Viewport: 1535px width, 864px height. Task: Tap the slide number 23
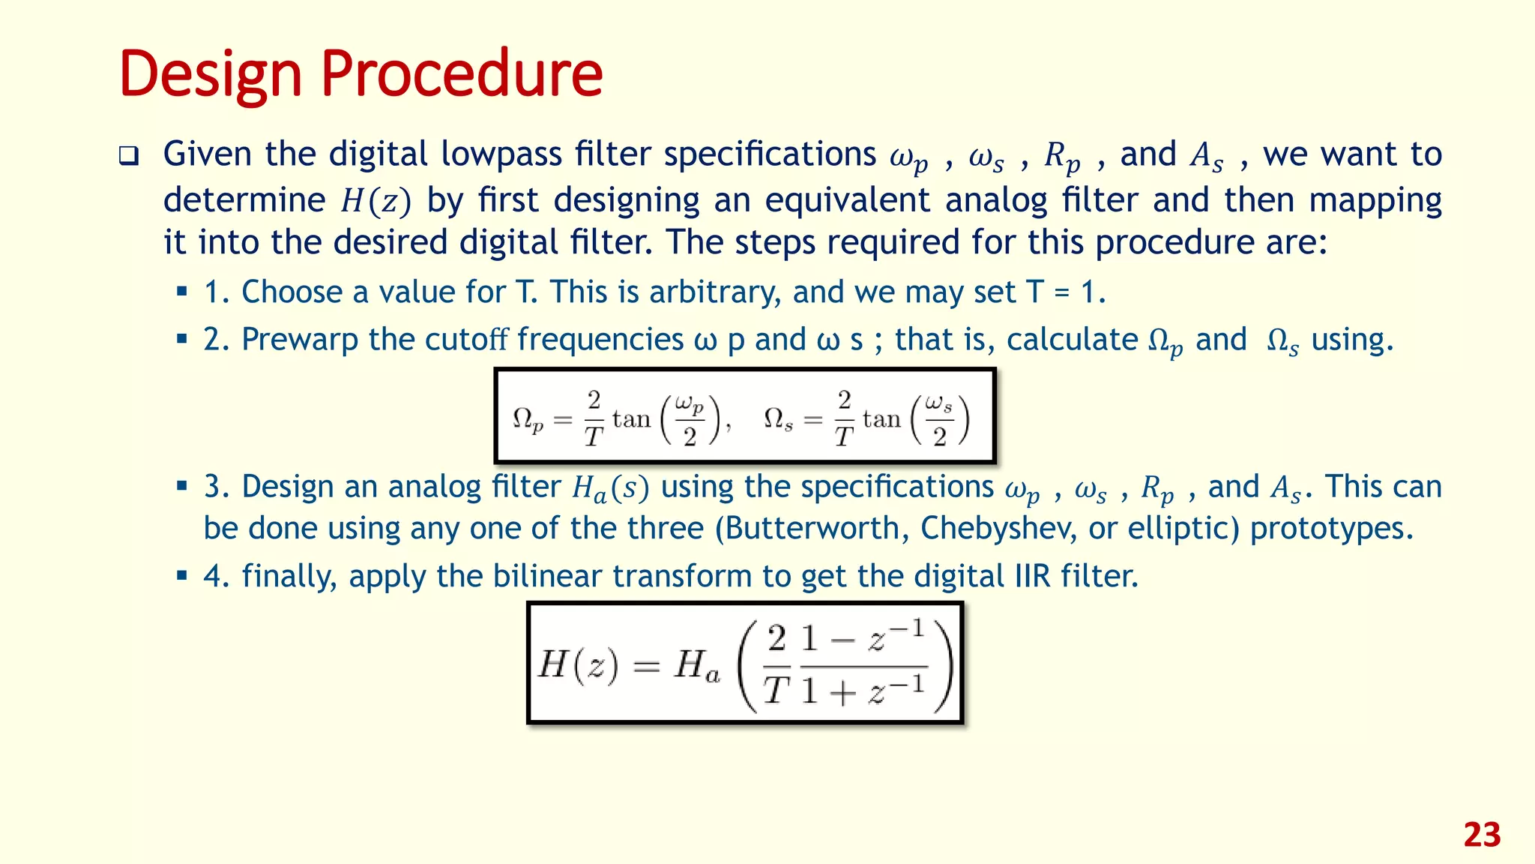tap(1482, 835)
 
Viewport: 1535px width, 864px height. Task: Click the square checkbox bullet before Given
tap(129, 156)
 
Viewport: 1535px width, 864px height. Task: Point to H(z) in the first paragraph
tap(376, 200)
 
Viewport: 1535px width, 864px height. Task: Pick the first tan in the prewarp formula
tap(631, 418)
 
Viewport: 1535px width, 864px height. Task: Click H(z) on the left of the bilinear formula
tap(578, 664)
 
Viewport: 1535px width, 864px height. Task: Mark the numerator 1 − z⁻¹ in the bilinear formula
tap(863, 639)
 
